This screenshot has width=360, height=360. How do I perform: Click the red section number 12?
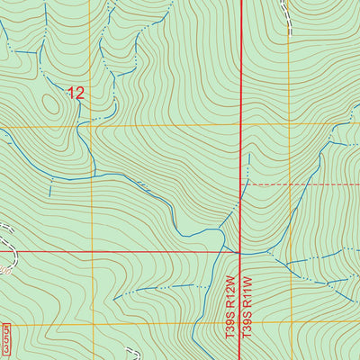tap(76, 92)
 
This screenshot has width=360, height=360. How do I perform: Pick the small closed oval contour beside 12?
tap(49, 105)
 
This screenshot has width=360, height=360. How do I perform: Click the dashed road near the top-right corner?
tap(287, 13)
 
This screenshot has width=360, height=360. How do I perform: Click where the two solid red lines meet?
tap(241, 252)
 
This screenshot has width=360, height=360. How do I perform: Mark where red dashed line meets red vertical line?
tap(241, 184)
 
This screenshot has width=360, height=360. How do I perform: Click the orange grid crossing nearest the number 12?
tap(91, 125)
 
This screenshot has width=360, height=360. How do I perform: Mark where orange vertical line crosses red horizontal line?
tap(91, 252)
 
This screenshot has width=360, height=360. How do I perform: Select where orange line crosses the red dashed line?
tap(290, 184)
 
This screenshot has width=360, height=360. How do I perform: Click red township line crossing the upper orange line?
tap(241, 125)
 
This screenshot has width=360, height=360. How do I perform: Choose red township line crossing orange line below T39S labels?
tap(241, 325)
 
